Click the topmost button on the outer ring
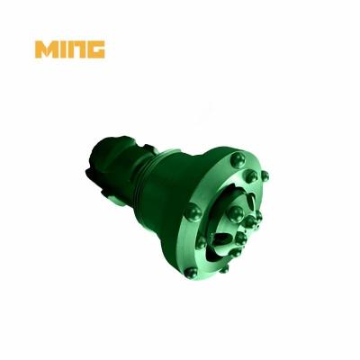click(235, 160)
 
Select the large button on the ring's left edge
click(192, 212)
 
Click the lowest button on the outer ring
click(224, 267)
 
